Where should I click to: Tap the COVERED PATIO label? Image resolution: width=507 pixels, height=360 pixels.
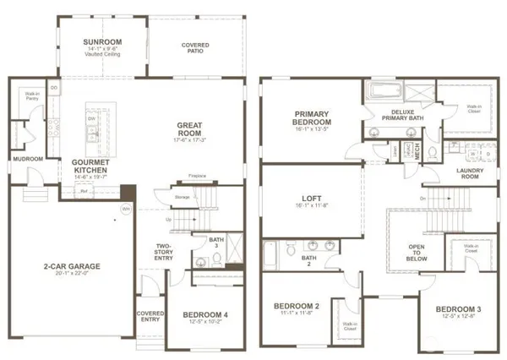[x=195, y=47]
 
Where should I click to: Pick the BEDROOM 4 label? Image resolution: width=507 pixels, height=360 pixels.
[x=206, y=315]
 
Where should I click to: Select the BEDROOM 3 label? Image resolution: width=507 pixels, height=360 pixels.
[x=460, y=311]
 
